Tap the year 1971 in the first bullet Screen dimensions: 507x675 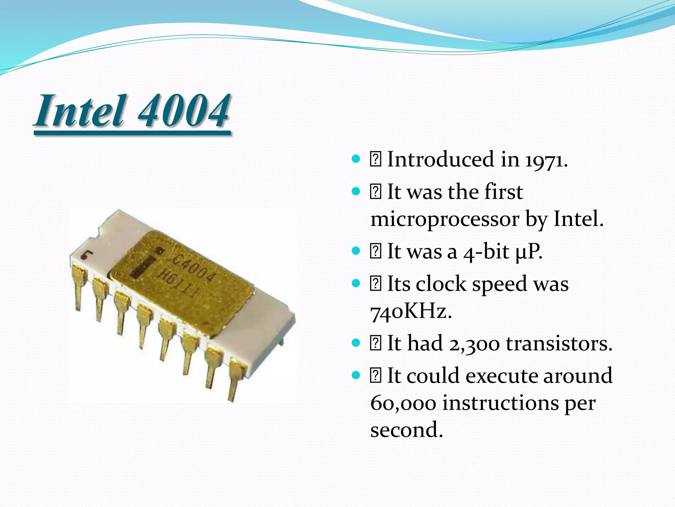546,160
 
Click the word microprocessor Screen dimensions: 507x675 444,220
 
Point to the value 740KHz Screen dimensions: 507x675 411,312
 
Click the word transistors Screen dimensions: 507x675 559,344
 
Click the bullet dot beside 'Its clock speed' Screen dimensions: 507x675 356,284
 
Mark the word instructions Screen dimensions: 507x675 500,403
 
